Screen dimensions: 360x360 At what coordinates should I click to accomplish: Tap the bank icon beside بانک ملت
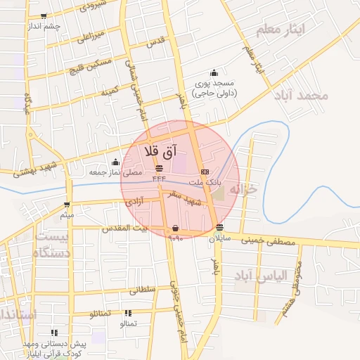tap(205, 171)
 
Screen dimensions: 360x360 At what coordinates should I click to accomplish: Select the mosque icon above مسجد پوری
tap(214, 73)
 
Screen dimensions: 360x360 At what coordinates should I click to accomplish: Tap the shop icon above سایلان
tap(221, 227)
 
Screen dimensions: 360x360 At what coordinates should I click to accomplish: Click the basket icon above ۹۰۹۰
tap(175, 229)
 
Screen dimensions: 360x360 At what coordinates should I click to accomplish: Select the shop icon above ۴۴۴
tap(158, 168)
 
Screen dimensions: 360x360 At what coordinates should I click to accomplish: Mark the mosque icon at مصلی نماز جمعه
tap(115, 162)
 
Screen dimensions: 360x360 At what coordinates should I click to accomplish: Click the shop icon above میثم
tap(67, 205)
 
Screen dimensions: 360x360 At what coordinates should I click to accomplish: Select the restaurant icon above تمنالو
tap(128, 314)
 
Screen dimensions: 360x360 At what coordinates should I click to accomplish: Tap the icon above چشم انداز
tap(44, 16)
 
